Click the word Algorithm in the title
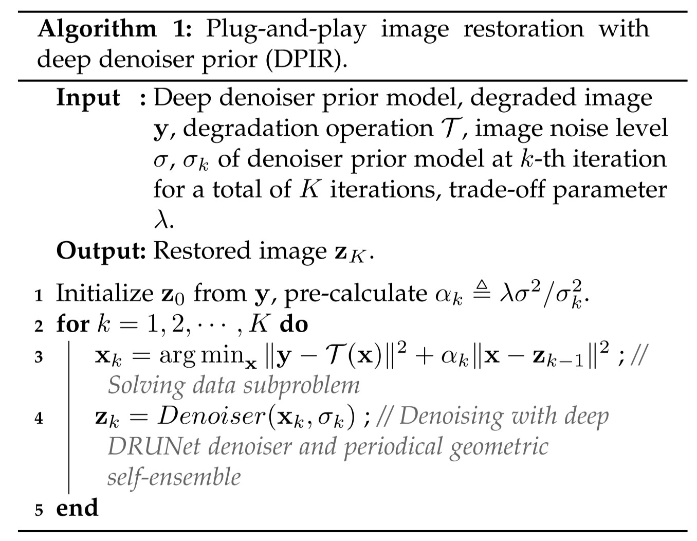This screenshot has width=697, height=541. coord(97,29)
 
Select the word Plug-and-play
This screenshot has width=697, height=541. coord(285,29)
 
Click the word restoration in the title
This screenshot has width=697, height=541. coord(523,28)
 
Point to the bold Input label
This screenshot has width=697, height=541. coord(88,97)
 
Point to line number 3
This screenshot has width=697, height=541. coord(39,357)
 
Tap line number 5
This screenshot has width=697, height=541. coord(39,510)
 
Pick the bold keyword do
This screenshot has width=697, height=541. coord(294,324)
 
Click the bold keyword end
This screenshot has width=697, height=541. coord(77,508)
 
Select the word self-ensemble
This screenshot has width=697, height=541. coord(174,477)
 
